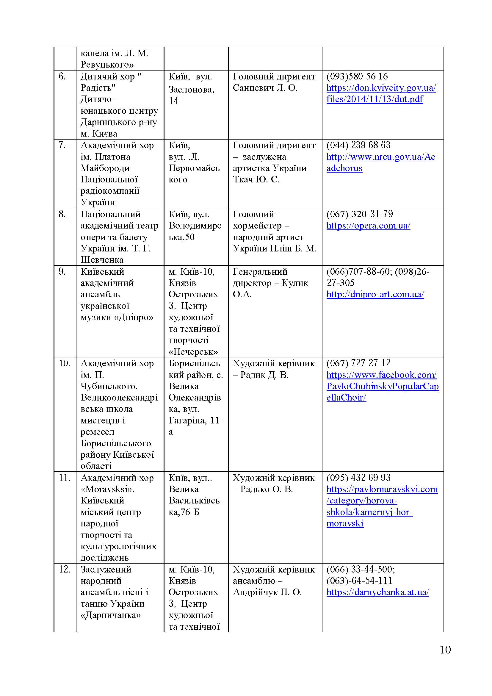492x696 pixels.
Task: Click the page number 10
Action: coord(445,650)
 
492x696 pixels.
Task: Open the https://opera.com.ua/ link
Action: coord(368,226)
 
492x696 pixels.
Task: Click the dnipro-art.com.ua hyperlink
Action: coord(375,294)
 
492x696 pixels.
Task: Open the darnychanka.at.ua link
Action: coord(377,592)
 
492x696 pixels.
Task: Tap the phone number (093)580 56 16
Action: coord(357,76)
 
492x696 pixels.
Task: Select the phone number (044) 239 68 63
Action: coord(358,145)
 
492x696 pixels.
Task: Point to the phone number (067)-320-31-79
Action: coord(359,214)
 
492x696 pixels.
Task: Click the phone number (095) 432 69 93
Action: coord(358,478)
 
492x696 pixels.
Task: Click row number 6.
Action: coord(62,76)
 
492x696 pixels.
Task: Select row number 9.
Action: coord(62,272)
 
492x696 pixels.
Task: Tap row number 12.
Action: coord(65,569)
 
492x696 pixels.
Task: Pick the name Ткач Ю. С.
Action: coord(256,179)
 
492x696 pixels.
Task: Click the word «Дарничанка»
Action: coord(111,615)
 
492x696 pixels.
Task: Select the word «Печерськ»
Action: coord(193,352)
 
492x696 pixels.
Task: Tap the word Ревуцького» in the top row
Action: coord(107,65)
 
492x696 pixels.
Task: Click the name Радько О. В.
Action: coord(266,489)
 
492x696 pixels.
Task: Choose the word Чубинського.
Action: coord(109,386)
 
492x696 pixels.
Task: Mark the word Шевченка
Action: coord(102,260)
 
